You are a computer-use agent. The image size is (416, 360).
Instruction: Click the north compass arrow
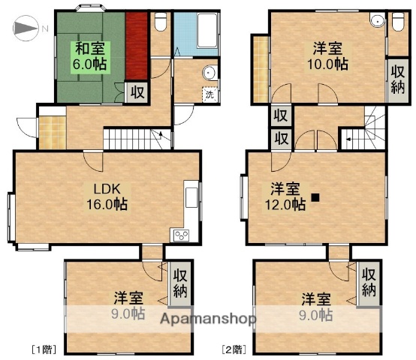(26, 29)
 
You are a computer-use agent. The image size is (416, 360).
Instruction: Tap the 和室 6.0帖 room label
(88, 55)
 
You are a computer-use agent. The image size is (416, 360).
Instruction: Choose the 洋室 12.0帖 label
(288, 196)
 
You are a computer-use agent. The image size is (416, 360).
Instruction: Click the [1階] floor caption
(42, 349)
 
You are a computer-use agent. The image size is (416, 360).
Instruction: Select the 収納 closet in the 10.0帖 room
(396, 79)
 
